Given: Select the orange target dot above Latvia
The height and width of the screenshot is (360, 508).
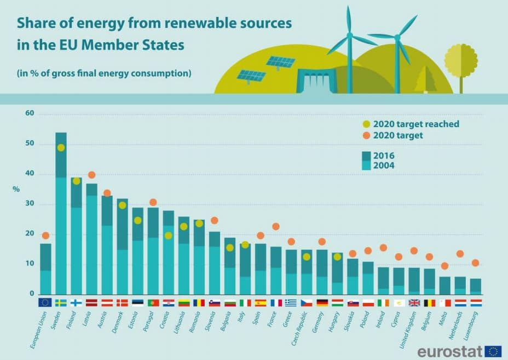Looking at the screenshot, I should [91, 175].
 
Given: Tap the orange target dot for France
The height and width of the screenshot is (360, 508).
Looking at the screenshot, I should [276, 226].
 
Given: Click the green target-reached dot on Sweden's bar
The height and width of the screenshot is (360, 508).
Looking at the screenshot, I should [61, 147].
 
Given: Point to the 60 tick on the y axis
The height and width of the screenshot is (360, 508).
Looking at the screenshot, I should [30, 114].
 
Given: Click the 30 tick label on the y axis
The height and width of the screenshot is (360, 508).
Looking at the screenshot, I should [30, 204].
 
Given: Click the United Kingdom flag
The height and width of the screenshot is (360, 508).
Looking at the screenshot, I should [414, 302].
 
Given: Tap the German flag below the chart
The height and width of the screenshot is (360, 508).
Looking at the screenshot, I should [322, 302].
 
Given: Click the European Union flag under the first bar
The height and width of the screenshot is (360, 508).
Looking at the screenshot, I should [45, 302].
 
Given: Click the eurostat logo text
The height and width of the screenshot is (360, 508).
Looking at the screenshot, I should [449, 351].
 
